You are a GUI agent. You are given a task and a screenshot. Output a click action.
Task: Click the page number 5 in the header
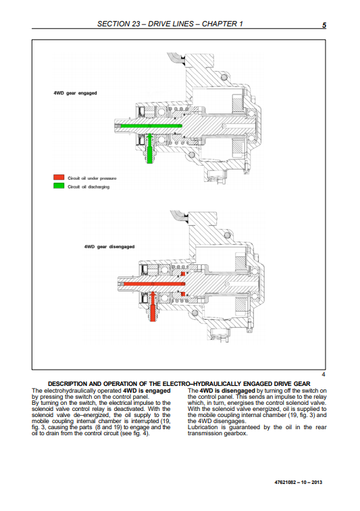pos(324,25)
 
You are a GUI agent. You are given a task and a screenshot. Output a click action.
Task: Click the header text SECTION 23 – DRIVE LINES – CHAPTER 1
pos(170,24)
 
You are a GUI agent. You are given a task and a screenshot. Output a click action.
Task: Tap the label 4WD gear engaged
pos(75,93)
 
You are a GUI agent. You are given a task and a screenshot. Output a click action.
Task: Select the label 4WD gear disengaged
pos(109,247)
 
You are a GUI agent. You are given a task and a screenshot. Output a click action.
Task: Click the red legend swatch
pos(59,177)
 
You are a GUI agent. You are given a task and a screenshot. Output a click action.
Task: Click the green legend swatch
pos(59,186)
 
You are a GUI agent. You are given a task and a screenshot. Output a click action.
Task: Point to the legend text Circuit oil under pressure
pos(92,178)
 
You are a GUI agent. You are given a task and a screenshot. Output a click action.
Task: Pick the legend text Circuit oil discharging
pos(88,187)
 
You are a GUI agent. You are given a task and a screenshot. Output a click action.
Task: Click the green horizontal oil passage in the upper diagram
pos(151,126)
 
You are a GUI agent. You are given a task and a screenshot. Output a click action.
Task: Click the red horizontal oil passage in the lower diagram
pos(154,284)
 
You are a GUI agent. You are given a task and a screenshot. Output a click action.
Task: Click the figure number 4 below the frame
pos(323,374)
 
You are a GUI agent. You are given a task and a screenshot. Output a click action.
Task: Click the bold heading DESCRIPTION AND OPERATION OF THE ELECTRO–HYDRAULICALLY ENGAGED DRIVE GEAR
pos(179,384)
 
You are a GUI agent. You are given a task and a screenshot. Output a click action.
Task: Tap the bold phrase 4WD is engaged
pos(147,391)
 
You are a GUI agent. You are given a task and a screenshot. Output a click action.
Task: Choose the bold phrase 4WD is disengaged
pos(227,391)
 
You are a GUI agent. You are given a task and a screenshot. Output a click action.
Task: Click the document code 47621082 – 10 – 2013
pos(299,483)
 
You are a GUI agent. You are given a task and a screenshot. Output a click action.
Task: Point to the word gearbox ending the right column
pos(236,433)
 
